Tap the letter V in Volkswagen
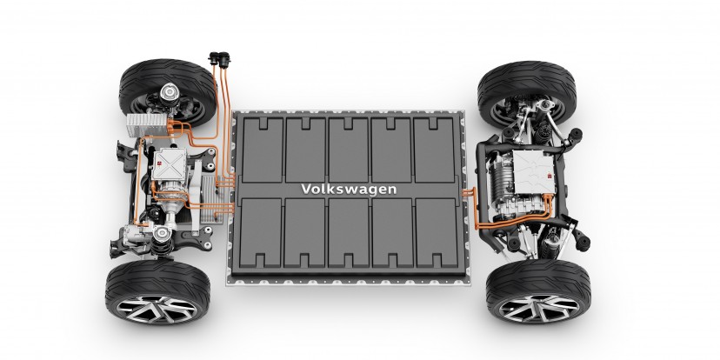[x=303, y=188]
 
